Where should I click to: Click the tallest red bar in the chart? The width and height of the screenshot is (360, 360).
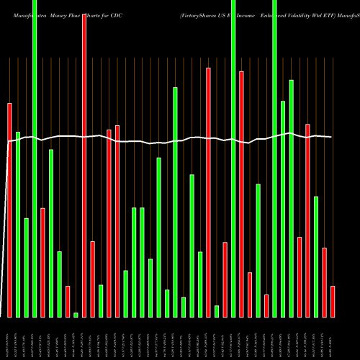point(84,166)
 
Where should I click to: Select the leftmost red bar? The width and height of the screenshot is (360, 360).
point(10,210)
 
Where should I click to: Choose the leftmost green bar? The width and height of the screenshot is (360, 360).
point(18,224)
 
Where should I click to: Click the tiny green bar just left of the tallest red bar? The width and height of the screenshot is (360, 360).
point(76,315)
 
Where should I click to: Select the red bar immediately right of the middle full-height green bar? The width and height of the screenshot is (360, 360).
point(242,194)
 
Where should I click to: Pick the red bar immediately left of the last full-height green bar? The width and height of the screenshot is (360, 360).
point(266,305)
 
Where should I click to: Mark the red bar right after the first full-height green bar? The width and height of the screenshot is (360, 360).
point(42,262)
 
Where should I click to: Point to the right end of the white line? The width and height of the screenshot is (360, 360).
point(331,137)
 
